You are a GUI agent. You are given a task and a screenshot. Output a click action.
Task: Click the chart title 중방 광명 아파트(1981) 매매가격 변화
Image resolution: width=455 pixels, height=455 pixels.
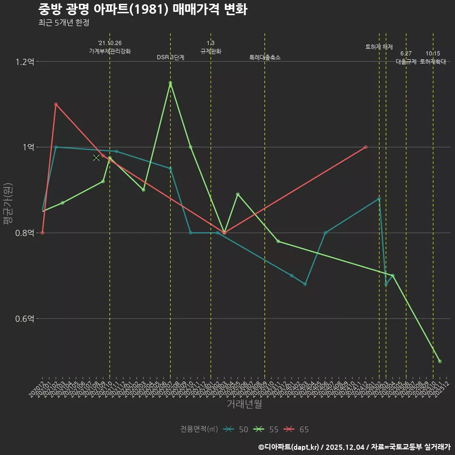point(142,9)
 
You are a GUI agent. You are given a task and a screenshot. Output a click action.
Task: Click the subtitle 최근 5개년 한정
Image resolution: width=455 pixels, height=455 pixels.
point(64,22)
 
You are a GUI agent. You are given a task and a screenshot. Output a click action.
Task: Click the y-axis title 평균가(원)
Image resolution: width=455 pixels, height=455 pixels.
point(8,204)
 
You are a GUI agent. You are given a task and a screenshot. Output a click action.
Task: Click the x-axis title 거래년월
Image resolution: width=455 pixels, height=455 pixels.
point(244,404)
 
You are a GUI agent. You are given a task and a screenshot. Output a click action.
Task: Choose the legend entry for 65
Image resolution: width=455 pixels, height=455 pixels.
point(297,429)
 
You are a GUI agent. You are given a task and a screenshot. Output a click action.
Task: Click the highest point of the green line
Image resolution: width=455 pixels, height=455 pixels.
point(170,83)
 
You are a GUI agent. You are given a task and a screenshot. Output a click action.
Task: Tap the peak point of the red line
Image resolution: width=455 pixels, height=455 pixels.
point(56,104)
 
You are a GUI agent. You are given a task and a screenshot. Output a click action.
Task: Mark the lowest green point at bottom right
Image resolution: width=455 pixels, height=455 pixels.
point(440,361)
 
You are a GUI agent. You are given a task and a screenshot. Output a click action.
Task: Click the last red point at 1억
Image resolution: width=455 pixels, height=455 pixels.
point(365,147)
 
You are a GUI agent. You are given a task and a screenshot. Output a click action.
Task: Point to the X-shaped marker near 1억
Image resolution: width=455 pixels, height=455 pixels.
point(96,157)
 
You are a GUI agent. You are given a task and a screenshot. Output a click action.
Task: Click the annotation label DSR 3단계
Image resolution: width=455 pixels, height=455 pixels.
point(171,57)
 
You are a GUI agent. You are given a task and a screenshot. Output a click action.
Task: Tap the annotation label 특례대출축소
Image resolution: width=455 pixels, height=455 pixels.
point(265,57)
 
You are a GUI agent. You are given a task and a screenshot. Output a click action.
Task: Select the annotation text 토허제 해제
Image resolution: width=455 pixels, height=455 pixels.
point(379,47)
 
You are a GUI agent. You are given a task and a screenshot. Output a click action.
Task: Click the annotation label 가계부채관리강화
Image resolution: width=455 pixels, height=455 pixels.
point(110,51)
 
